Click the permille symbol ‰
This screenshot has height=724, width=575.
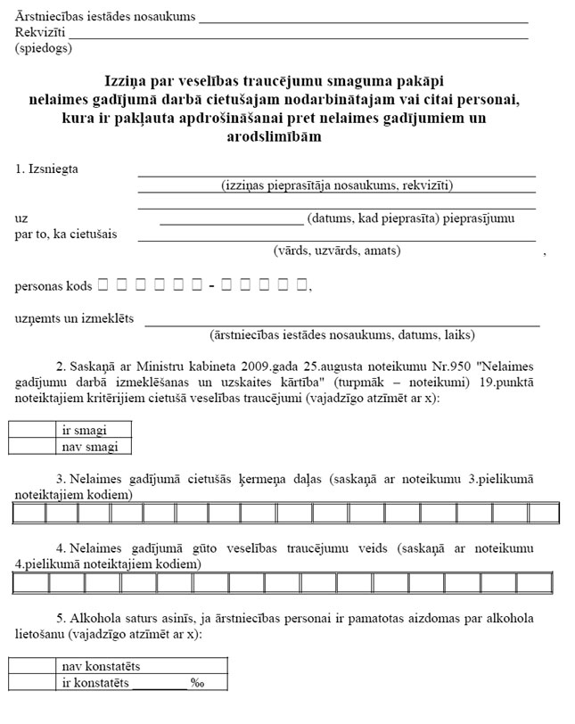click(197, 683)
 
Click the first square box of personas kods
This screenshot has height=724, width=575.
click(102, 285)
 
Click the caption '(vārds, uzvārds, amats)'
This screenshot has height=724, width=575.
click(337, 251)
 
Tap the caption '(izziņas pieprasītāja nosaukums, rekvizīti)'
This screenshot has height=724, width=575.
click(337, 185)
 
